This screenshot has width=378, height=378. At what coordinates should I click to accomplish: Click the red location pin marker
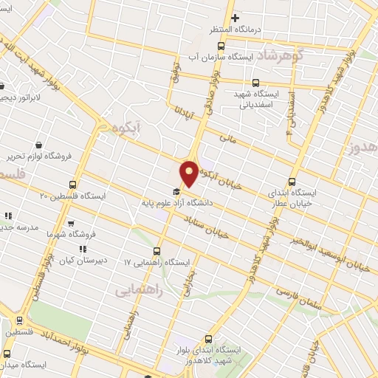(189, 173)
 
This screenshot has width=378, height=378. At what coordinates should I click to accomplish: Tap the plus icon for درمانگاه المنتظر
(236, 18)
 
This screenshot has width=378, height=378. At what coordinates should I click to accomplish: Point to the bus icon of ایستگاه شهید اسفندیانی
(256, 83)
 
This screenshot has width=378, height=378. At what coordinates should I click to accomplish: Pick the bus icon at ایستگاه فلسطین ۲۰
(72, 185)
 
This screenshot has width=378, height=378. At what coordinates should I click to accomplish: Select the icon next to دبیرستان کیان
(83, 250)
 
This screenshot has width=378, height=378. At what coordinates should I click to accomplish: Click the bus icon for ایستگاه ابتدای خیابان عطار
(291, 182)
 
